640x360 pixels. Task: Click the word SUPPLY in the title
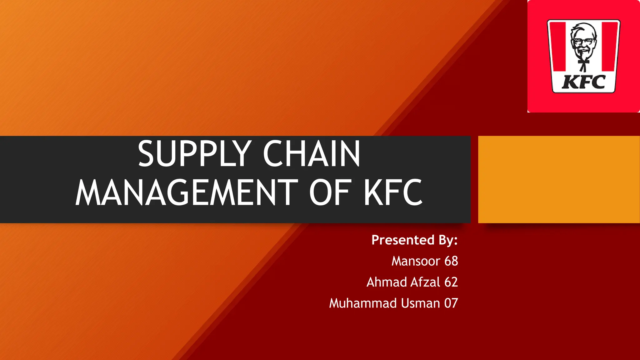coord(195,154)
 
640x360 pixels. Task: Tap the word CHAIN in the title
coord(312,154)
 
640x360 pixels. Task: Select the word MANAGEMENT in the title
coord(187,192)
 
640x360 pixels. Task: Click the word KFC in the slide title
coord(393,192)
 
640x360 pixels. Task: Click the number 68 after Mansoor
coord(451,261)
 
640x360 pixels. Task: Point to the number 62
coord(451,282)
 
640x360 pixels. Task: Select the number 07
coord(451,303)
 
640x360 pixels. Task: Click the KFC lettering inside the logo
coord(583,82)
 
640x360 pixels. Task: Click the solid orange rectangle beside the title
coord(559,179)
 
